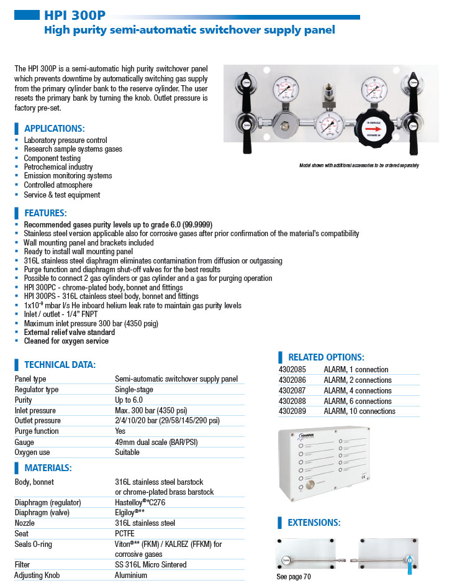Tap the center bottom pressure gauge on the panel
point(328,126)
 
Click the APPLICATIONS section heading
point(54,129)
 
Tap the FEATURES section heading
point(45,213)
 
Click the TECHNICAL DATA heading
point(60,365)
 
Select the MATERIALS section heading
point(48,467)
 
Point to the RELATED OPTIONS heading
point(325,357)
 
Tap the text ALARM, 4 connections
point(358,391)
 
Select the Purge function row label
point(37,431)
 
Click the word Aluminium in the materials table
point(131,576)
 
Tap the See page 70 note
point(294,577)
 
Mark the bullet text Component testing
point(52,158)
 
